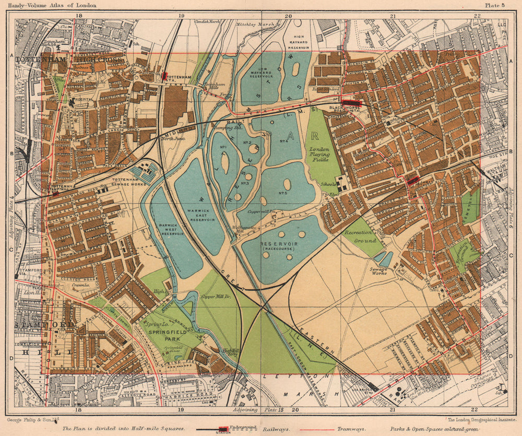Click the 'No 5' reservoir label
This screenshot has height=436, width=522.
coord(284,194)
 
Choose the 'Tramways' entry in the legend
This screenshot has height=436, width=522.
coord(352,428)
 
